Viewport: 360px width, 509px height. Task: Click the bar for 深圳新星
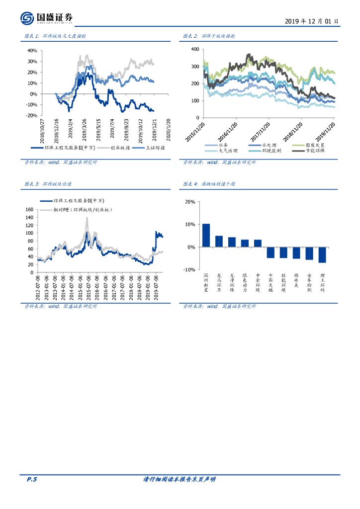click(206, 235)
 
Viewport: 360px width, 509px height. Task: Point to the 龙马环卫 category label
click(219, 283)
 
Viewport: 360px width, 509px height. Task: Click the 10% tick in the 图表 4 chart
click(189, 225)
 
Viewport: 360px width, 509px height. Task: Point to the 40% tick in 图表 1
click(32, 51)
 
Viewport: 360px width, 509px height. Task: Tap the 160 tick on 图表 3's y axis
click(29, 210)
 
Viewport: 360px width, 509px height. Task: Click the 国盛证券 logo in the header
click(47, 18)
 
